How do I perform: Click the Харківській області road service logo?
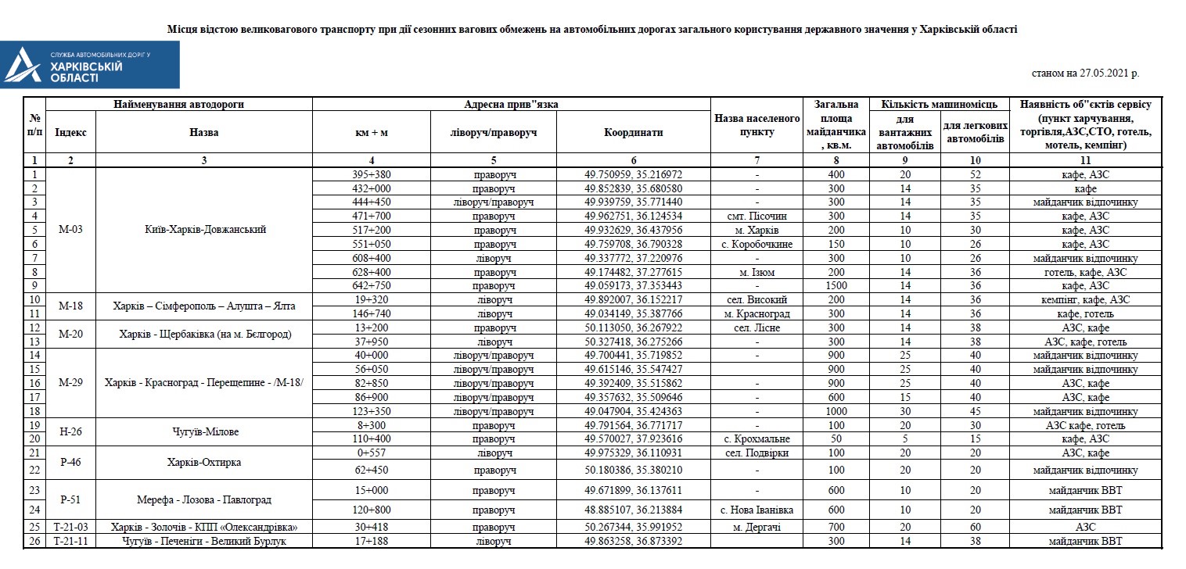tap(89, 65)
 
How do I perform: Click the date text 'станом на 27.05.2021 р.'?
tap(1085, 73)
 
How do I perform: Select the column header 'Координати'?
tap(633, 132)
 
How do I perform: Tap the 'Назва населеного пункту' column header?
tap(757, 125)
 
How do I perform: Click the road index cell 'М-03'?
tap(70, 231)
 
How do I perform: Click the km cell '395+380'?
tap(372, 174)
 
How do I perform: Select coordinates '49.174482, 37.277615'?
tap(633, 272)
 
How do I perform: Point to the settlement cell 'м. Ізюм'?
tap(757, 272)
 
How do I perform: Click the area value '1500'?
tap(836, 286)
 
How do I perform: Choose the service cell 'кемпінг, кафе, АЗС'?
tap(1084, 300)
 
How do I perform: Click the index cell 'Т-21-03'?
tap(70, 527)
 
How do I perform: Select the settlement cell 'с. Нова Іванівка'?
tap(757, 510)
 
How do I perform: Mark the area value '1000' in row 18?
tap(836, 411)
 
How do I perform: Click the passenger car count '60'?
tap(974, 527)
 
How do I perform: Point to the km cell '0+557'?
tap(372, 453)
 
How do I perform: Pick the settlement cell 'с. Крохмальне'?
tap(757, 439)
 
